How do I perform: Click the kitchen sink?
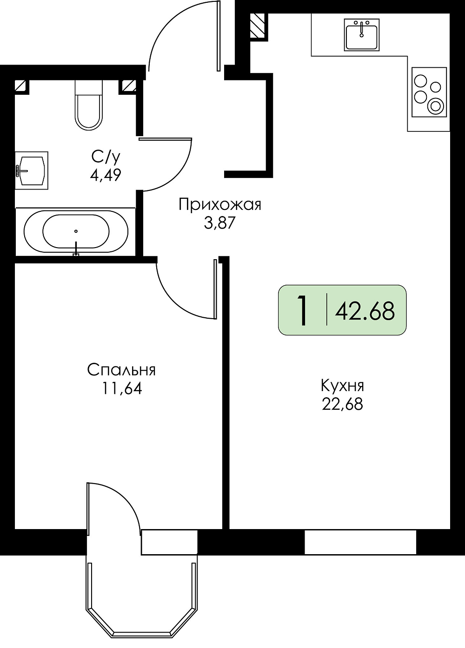tap(362, 35)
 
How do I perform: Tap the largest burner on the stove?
tap(435, 106)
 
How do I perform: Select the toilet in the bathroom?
tap(89, 105)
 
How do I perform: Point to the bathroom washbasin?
tap(32, 170)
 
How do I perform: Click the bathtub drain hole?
tap(76, 231)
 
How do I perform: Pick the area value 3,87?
tap(219, 223)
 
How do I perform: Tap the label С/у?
tap(106, 157)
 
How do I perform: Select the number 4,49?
tap(106, 175)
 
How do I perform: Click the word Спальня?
tap(122, 370)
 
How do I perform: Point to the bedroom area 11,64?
tap(122, 388)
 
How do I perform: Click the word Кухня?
tap(342, 386)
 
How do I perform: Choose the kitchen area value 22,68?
tap(342, 404)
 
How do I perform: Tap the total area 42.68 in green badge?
tap(365, 311)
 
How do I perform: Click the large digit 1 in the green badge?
tap(303, 311)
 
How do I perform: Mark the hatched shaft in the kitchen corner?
tap(257, 26)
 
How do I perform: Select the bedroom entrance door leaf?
tap(215, 289)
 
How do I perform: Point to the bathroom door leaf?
tap(166, 139)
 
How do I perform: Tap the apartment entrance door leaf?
tap(219, 36)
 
